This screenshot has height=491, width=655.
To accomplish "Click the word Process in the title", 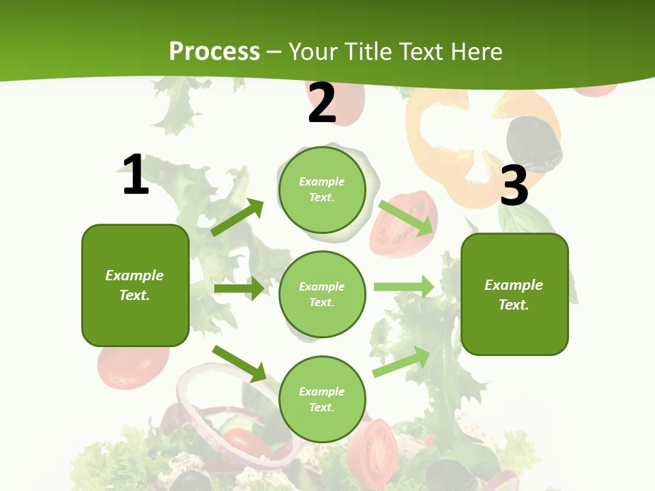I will point(214,51).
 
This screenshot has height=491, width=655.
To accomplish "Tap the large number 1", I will point(136,175).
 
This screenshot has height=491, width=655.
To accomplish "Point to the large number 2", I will point(322,103).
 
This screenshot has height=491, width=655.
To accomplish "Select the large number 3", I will point(514,185).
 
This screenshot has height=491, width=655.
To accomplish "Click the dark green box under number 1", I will point(135,285).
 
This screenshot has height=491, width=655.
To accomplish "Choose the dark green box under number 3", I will point(514,294).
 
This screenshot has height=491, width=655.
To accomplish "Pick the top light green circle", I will point(322,189).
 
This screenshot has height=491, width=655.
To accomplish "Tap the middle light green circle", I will point(322,294).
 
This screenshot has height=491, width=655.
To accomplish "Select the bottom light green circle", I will point(322,399).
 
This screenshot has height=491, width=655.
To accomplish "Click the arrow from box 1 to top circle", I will point(237,218).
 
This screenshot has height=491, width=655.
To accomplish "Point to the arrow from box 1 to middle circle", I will point(239,288).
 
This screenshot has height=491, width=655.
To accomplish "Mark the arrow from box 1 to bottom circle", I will point(239,363).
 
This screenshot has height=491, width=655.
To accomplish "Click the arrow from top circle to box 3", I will point(406,217).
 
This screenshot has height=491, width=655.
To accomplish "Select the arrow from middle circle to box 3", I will point(404,286).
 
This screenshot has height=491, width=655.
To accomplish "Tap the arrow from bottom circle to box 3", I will point(401,362).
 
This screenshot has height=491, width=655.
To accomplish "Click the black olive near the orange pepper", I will point(534,144).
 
